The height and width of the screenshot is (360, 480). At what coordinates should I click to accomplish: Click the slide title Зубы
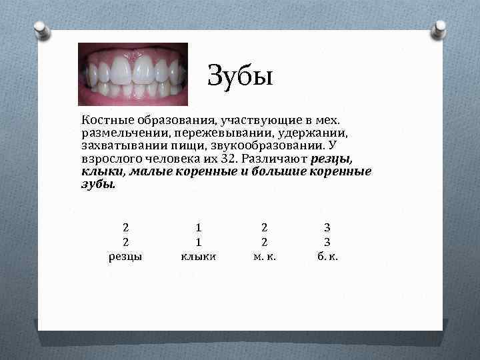point(240,75)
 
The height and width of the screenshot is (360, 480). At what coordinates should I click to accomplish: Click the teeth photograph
point(133,74)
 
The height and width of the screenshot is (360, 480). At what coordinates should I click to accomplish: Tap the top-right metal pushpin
point(441,28)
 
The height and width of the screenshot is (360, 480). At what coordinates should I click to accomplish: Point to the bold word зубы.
point(98,185)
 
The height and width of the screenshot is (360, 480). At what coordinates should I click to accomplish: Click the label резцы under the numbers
point(125,255)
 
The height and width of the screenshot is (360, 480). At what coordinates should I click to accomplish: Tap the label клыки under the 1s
point(198,255)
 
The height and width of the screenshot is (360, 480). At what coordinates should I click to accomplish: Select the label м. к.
point(265,255)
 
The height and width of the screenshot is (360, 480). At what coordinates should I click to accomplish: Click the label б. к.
point(327,255)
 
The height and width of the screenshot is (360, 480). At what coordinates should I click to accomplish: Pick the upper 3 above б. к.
point(327,228)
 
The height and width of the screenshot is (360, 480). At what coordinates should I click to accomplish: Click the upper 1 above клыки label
point(198,228)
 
